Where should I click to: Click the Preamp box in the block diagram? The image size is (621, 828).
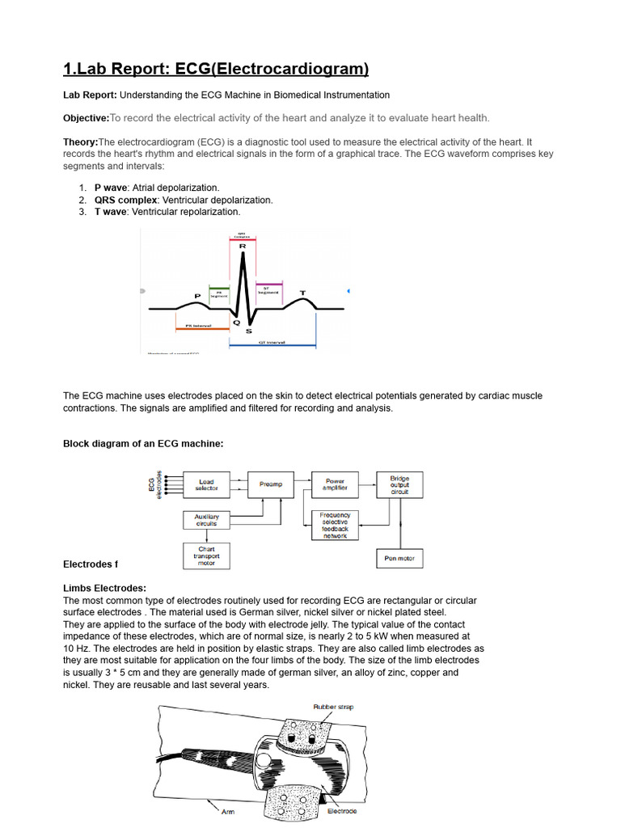pos(271,484)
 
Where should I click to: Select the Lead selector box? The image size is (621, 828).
pos(206,485)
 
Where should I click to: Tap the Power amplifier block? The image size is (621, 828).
pos(335,484)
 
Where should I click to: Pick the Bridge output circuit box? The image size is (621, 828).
pos(399,484)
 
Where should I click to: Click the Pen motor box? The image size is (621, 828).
pos(399,558)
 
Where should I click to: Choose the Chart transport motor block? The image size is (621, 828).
pos(206,557)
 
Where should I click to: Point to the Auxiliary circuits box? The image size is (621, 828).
pos(206,520)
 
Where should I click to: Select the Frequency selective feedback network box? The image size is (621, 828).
pos(335,526)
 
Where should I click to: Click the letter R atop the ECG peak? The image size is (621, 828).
pos(243,246)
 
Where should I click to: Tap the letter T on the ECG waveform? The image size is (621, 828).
pos(303,293)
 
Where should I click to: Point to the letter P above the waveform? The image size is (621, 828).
pos(196,296)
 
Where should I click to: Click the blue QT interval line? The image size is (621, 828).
pos(272,345)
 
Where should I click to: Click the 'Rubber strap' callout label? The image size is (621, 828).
pos(333,707)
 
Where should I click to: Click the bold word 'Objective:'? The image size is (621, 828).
pos(86,117)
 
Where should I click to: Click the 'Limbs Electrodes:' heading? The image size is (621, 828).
pos(104,588)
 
